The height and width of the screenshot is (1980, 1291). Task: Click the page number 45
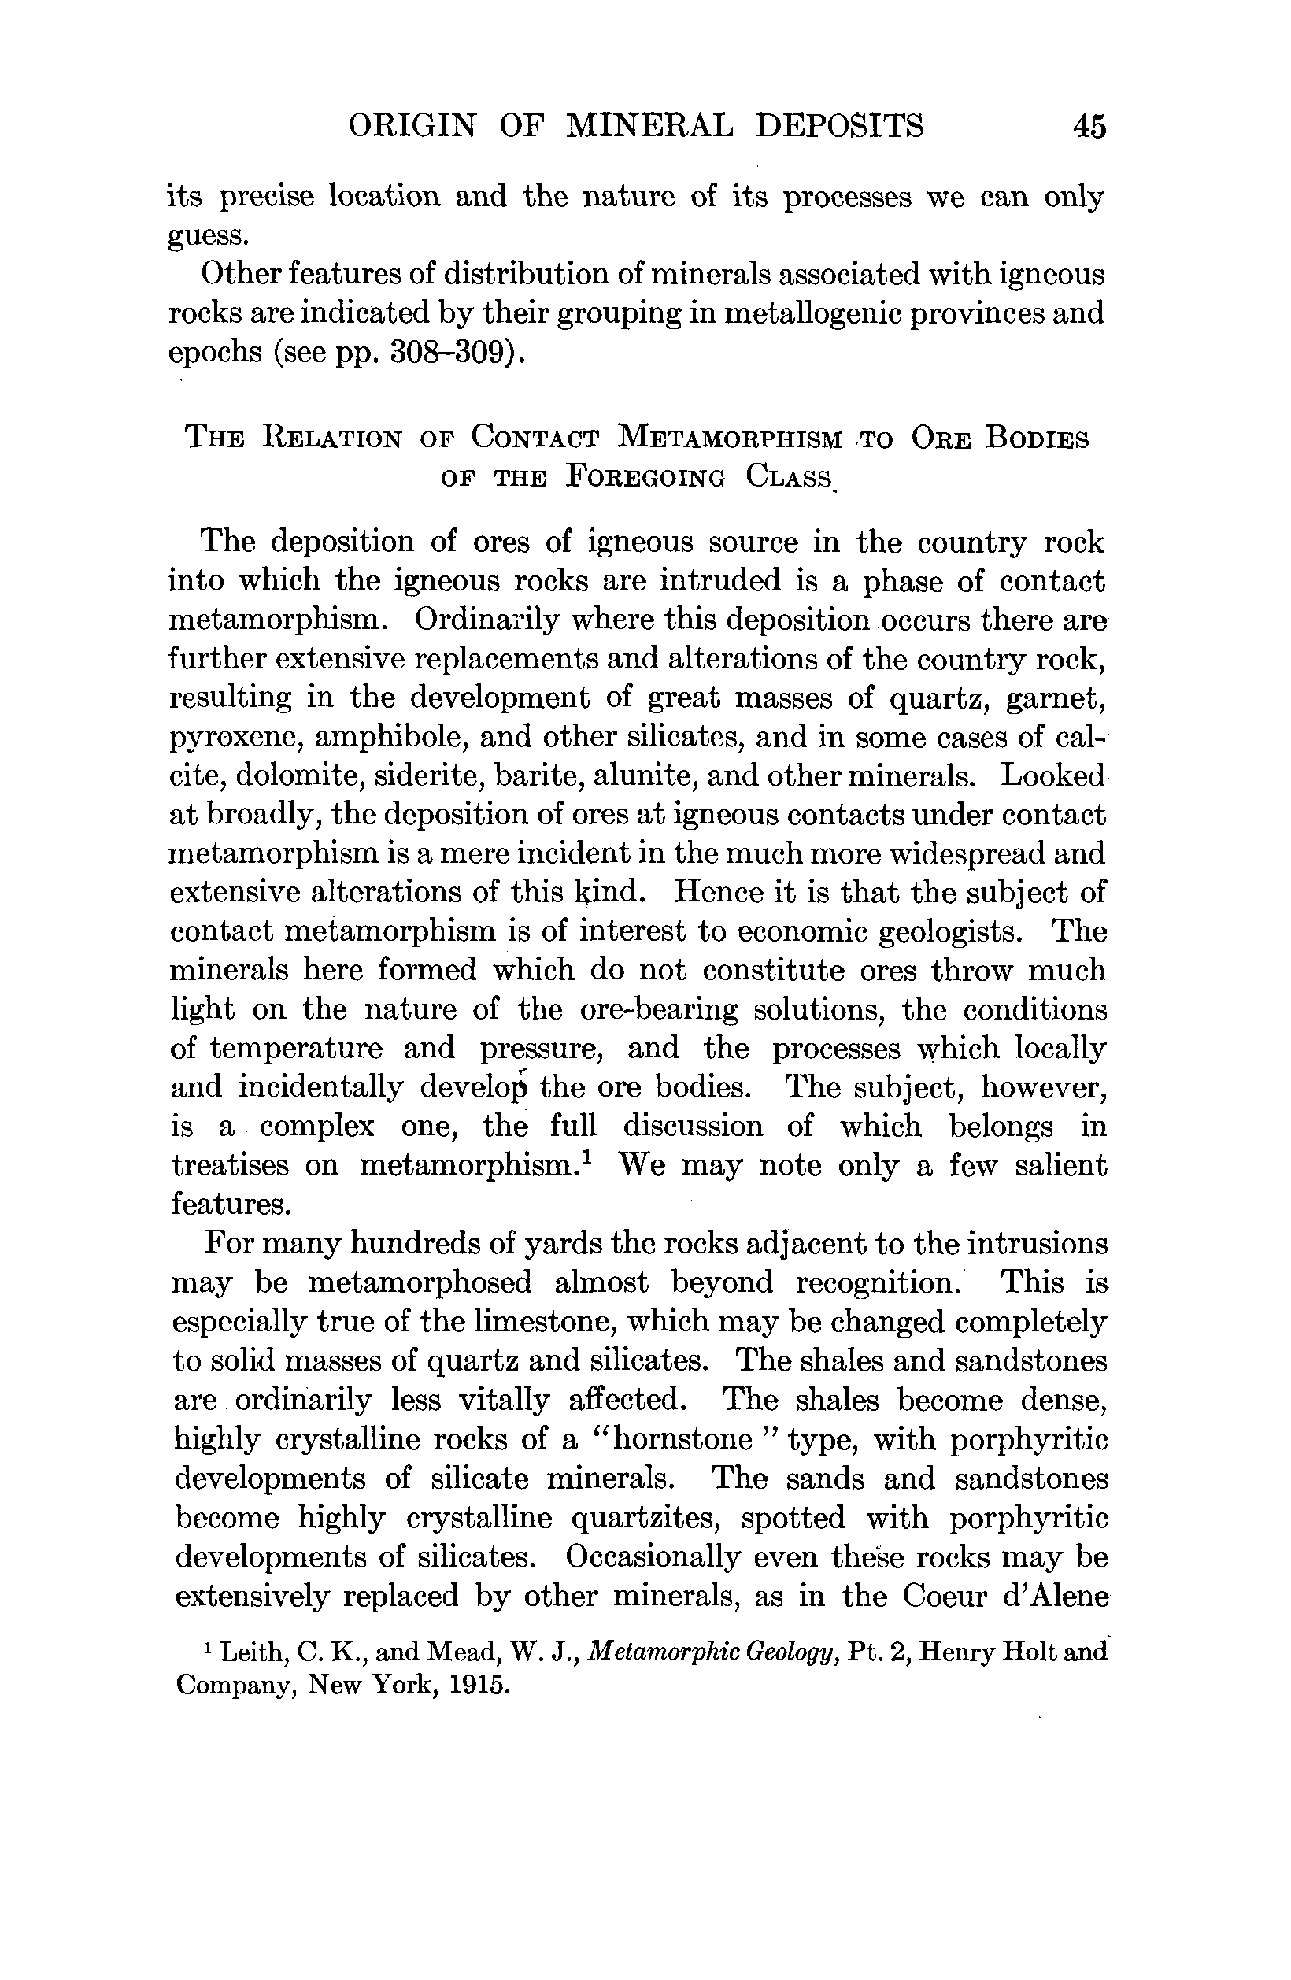point(1089,127)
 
